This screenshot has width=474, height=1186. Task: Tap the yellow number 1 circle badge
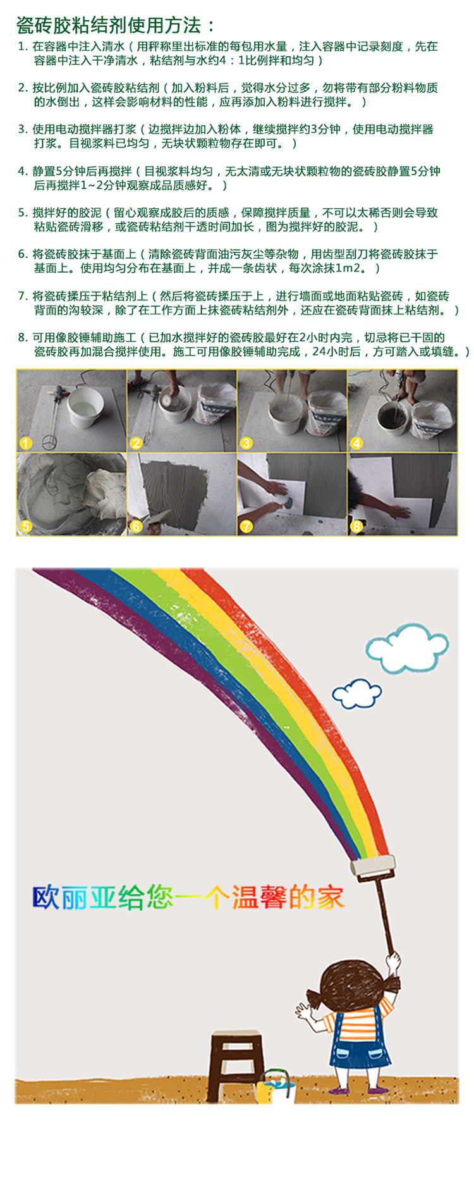(x=25, y=443)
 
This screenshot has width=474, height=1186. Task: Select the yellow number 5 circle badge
(x=25, y=526)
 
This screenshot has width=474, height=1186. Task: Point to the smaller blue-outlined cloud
(x=356, y=693)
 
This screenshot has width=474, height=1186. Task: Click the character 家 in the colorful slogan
(x=331, y=898)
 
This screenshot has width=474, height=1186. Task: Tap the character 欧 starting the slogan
(x=46, y=898)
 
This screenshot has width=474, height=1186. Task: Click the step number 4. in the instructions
(x=23, y=171)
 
